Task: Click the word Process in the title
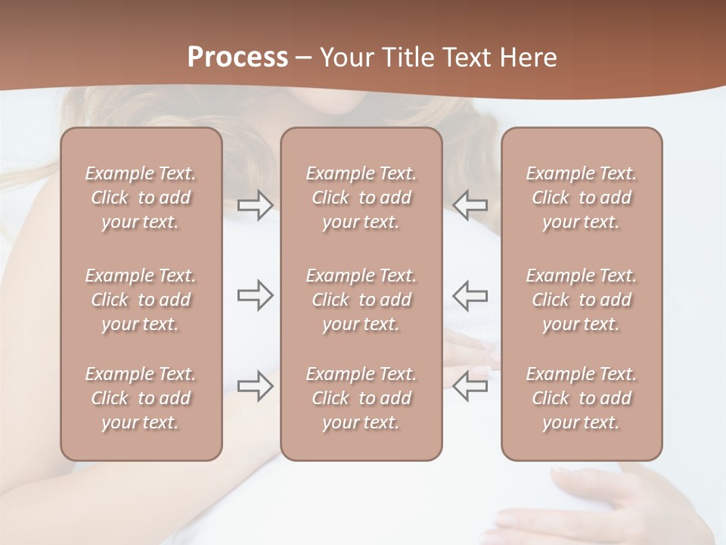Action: click(x=237, y=58)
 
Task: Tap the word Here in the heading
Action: click(x=527, y=58)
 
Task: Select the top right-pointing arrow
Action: click(x=255, y=204)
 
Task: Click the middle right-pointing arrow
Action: click(x=255, y=295)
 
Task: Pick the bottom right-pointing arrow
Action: click(x=255, y=386)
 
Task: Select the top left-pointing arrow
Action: click(x=471, y=204)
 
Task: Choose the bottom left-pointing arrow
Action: click(x=471, y=385)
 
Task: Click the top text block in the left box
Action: click(x=141, y=198)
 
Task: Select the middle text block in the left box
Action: click(x=141, y=300)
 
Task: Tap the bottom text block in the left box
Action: click(x=141, y=398)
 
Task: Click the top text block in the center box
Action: click(x=361, y=198)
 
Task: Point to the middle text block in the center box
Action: click(x=361, y=300)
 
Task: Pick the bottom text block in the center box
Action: click(x=361, y=398)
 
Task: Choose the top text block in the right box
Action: click(x=582, y=198)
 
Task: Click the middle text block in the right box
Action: click(x=582, y=300)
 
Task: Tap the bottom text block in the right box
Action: click(x=582, y=398)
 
